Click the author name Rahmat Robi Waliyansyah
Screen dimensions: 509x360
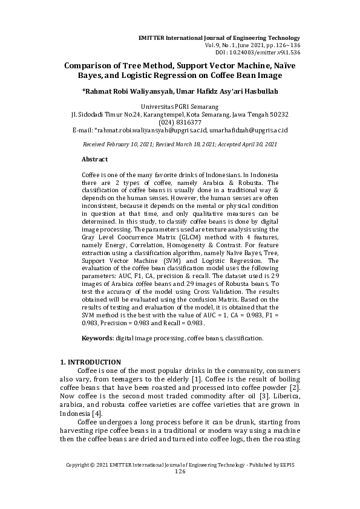click(x=124, y=91)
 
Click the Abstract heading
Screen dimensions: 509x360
click(x=94, y=159)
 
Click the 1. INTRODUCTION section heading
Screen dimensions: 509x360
click(x=91, y=362)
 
